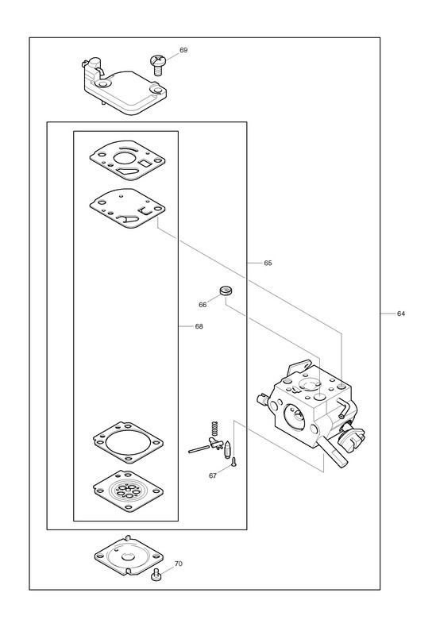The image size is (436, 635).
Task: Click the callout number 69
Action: pos(183,50)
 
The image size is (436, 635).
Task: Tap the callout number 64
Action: pos(401,314)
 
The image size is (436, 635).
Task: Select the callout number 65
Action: pos(268,263)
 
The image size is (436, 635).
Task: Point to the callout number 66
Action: pos(203,305)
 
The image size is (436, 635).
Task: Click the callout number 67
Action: pos(213,475)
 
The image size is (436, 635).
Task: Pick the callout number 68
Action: pos(199,326)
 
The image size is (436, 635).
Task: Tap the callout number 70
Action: pos(178,564)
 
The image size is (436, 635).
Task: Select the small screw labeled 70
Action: pos(156,575)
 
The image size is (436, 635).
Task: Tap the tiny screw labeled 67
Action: pos(233,462)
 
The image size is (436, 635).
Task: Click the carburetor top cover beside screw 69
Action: pos(122,88)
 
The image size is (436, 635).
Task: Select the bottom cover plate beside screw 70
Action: pos(129,555)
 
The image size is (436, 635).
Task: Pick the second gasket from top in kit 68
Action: pos(127,209)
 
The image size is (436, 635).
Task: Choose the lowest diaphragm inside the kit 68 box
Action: pos(128,491)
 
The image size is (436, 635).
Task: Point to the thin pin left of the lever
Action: pos(199,448)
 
